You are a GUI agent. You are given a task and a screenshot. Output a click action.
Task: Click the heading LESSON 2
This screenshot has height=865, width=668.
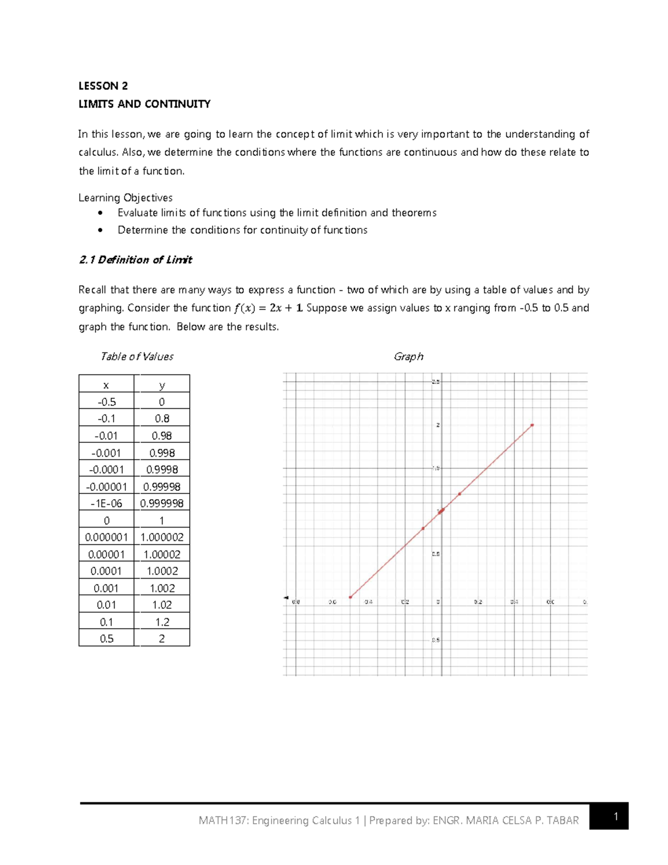click(x=103, y=86)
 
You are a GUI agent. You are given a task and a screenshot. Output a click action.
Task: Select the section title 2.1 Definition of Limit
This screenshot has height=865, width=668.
click(x=135, y=260)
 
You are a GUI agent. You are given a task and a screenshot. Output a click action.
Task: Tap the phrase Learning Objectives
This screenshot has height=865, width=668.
click(x=125, y=198)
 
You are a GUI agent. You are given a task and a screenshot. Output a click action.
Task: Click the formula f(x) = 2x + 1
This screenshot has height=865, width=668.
click(x=268, y=308)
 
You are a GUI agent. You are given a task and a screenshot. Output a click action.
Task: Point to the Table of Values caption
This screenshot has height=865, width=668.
click(x=136, y=356)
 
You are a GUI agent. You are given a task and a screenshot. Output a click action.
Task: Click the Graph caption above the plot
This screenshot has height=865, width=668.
click(x=408, y=356)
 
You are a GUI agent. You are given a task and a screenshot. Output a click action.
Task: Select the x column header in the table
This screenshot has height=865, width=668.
click(x=106, y=385)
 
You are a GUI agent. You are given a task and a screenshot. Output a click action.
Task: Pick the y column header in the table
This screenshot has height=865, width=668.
click(x=162, y=385)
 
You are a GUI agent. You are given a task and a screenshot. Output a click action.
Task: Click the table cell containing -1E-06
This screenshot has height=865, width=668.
click(x=106, y=504)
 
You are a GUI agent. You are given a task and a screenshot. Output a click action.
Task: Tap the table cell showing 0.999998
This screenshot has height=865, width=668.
click(x=162, y=504)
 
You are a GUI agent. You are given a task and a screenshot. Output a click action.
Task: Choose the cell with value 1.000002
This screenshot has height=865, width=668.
click(x=162, y=537)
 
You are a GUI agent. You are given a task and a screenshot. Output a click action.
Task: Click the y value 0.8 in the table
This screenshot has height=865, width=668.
click(x=162, y=419)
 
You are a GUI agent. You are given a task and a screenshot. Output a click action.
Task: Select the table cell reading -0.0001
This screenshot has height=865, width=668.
click(x=106, y=470)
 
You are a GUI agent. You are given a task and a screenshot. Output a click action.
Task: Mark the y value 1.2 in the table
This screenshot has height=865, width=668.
click(x=162, y=622)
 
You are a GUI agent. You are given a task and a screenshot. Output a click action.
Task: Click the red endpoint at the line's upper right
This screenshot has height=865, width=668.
click(x=532, y=425)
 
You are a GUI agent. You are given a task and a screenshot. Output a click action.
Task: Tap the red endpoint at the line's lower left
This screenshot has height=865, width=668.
click(x=350, y=597)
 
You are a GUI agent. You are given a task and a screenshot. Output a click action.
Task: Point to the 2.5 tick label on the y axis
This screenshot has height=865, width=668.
click(x=435, y=382)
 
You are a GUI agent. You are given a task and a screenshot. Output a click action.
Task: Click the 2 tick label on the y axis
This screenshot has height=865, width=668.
click(x=438, y=425)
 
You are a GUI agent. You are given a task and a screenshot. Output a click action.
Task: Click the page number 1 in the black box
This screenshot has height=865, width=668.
click(x=616, y=817)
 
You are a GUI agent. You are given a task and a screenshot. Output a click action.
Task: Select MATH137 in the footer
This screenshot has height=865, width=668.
click(x=223, y=820)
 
